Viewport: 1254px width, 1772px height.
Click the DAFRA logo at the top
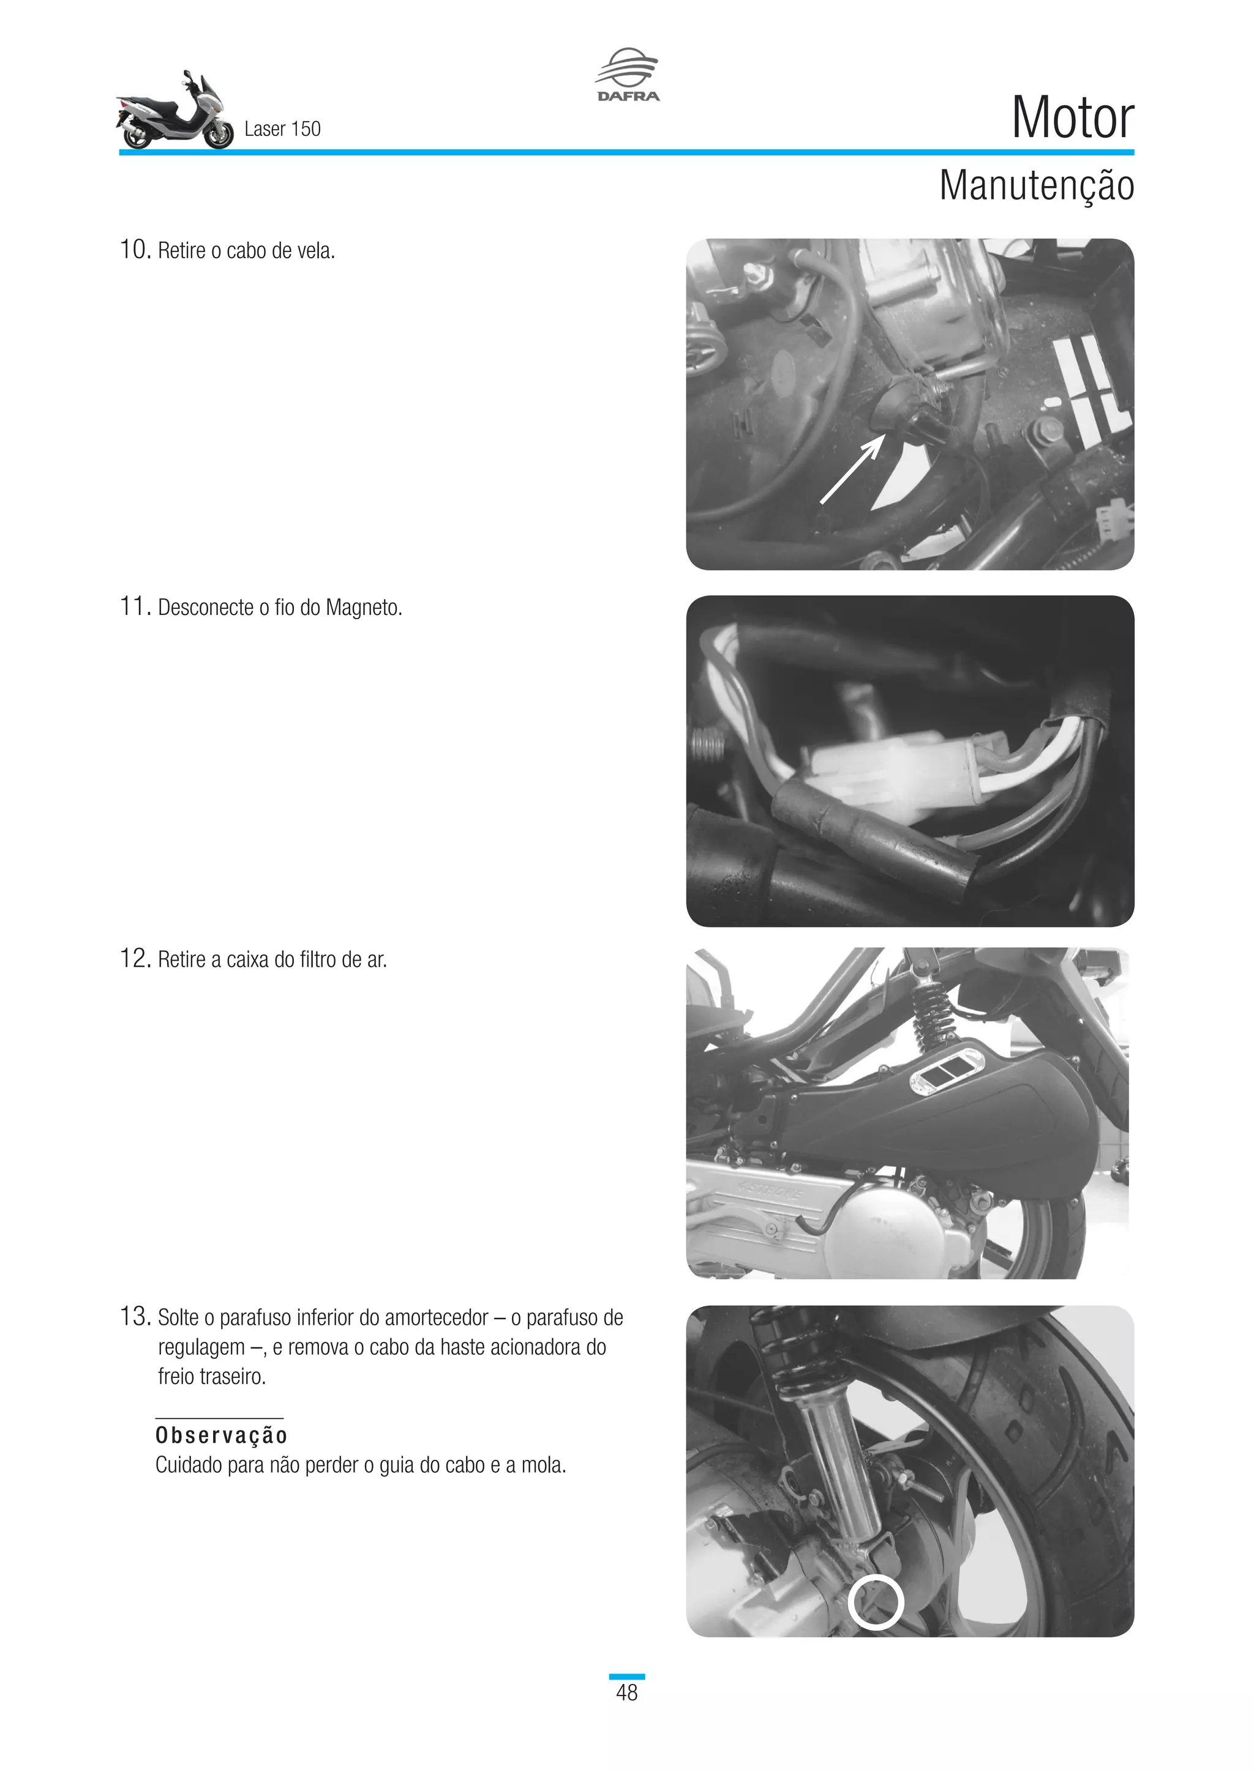(627, 75)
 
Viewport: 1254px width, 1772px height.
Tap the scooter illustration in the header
(175, 112)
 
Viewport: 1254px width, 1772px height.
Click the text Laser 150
(282, 129)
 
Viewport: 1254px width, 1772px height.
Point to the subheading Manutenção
(1035, 186)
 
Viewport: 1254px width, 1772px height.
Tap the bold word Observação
(222, 1435)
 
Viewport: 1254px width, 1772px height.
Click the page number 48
(626, 1692)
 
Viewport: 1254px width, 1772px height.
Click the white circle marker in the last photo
(876, 1603)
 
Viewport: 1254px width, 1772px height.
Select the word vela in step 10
(315, 251)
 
